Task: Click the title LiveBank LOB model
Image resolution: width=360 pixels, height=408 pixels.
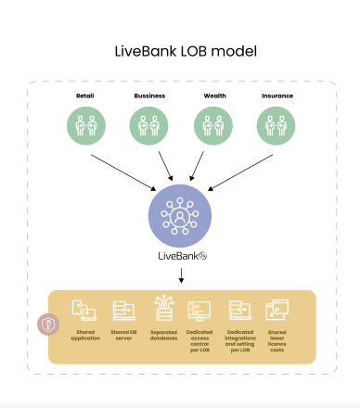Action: (179, 50)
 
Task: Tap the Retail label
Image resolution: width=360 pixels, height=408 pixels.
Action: (85, 95)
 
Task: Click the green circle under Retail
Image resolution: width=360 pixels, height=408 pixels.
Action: (85, 125)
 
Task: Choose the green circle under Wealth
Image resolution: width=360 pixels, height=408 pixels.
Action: (212, 125)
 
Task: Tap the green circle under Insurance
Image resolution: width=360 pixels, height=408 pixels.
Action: (275, 125)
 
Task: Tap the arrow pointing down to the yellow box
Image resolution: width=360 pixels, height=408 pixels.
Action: (180, 275)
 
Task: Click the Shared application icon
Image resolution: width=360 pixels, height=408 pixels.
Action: (84, 311)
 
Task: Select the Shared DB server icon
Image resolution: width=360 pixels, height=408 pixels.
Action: (122, 311)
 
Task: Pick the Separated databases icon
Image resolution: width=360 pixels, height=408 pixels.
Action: (161, 309)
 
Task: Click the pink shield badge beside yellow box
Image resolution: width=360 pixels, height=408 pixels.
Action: (46, 325)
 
